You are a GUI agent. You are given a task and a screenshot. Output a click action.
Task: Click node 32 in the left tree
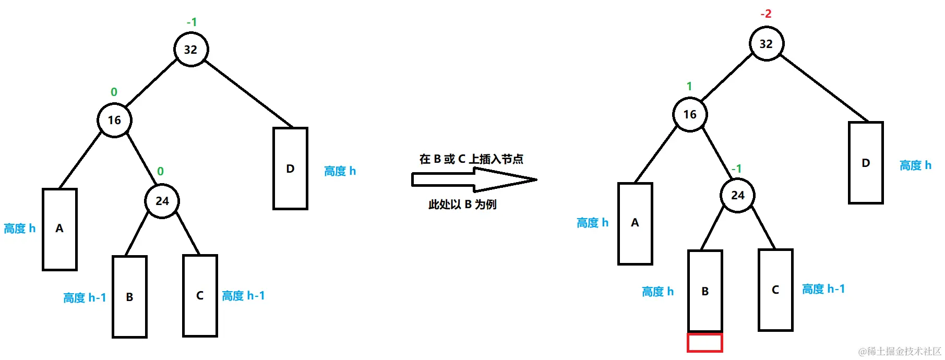[x=190, y=50]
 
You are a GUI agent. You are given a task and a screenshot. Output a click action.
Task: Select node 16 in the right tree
[x=690, y=114]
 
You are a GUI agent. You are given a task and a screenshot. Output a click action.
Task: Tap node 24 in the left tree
[x=162, y=201]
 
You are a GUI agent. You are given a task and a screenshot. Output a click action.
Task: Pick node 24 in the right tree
[x=737, y=195]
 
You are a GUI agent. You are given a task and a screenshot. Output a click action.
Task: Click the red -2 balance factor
[x=765, y=14]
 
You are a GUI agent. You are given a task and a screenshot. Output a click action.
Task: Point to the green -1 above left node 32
[x=192, y=22]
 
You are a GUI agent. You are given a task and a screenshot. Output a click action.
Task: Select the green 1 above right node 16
[x=689, y=86]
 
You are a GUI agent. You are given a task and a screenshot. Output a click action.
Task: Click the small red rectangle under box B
[x=704, y=343]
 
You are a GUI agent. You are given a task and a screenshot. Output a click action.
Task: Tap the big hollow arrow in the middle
[x=474, y=180]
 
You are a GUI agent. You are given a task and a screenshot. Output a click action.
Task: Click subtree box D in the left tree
[x=290, y=169]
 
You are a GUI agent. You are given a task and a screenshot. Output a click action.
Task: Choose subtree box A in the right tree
[x=635, y=223]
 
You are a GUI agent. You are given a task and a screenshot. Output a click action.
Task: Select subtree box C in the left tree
[x=200, y=296]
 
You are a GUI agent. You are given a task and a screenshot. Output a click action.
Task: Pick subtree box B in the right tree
[x=705, y=291]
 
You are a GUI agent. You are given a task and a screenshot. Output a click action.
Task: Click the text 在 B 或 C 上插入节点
[x=471, y=159]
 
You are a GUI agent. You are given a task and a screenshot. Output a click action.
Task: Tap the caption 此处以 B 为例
[x=462, y=205]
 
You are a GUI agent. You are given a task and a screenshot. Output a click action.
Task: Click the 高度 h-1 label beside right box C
[x=823, y=289]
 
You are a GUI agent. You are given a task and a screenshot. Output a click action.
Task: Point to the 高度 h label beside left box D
[x=340, y=171]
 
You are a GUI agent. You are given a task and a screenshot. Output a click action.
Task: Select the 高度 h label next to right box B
[x=657, y=292]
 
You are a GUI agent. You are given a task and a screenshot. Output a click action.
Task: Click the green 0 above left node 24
[x=160, y=171]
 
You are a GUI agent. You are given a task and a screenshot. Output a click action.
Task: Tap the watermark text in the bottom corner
[x=900, y=351]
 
